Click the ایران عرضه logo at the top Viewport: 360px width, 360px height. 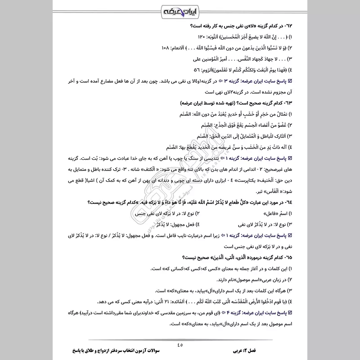pyautogui.click(x=180, y=10)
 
